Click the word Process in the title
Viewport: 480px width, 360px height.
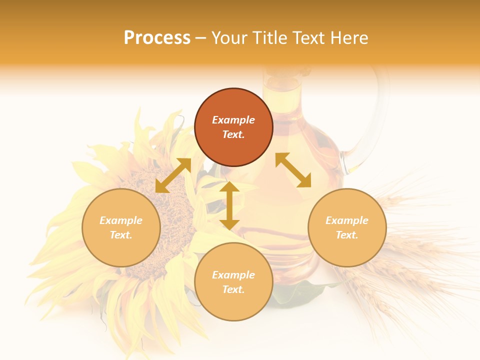[157, 38]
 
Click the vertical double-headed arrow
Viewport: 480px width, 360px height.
[229, 205]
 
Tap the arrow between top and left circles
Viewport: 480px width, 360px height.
[173, 175]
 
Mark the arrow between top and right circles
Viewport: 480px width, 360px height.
[293, 170]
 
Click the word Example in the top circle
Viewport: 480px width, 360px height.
[233, 120]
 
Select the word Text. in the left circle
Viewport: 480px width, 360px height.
[121, 235]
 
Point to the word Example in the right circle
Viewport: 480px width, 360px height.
[347, 220]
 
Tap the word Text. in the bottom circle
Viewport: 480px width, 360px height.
[233, 289]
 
